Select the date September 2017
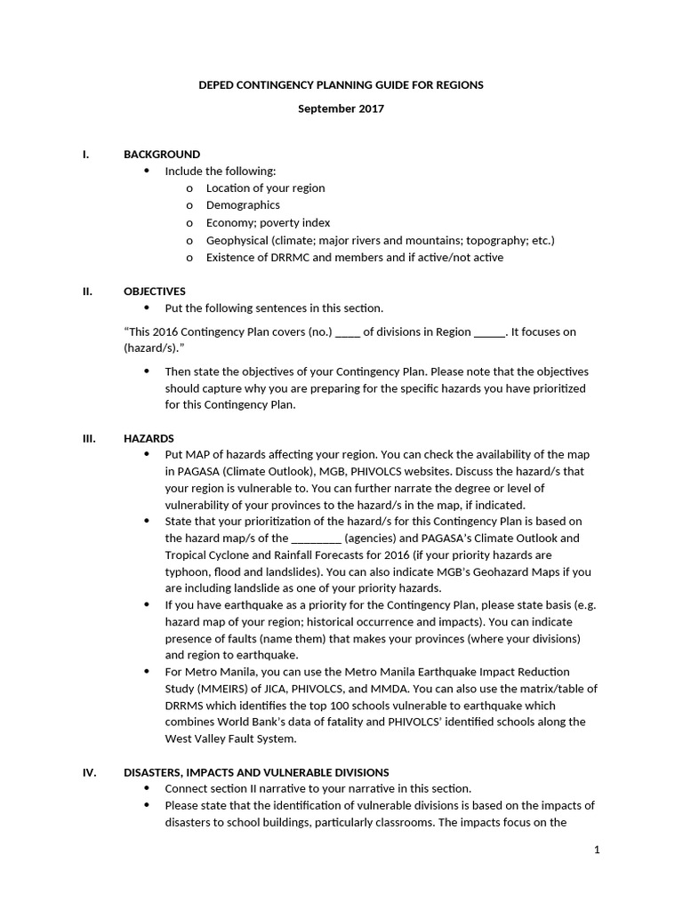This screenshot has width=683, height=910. coord(341,108)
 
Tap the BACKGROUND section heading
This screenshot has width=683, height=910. coord(162,154)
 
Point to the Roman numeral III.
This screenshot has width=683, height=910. coord(88,438)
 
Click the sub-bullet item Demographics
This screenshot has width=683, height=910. coord(243,205)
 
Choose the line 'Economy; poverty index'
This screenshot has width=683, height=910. coord(268,223)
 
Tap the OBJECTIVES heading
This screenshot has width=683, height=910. coord(155,291)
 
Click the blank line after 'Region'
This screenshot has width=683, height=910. coord(488,332)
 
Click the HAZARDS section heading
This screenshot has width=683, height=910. coord(149,438)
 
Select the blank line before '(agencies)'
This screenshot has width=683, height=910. coord(316,539)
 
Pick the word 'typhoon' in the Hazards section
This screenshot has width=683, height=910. coord(186,571)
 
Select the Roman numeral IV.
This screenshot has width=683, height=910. coord(89,772)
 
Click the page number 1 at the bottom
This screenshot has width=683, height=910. coord(597,850)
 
